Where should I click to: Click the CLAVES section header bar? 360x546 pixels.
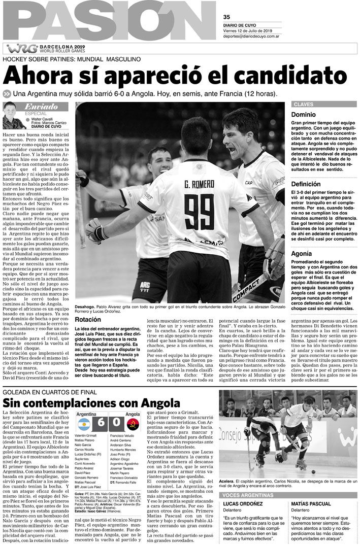tap(322, 105)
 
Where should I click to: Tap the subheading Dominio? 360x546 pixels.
tap(303, 115)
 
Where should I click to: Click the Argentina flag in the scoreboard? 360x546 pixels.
tap(83, 421)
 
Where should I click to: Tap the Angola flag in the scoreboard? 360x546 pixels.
tap(133, 421)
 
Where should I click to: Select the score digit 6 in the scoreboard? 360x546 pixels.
tap(101, 421)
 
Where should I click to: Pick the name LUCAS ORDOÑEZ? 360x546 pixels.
tap(242, 503)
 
